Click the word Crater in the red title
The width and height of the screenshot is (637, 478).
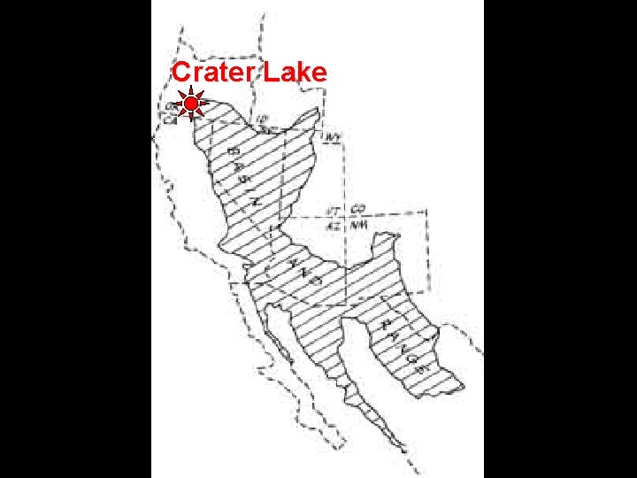(x=213, y=73)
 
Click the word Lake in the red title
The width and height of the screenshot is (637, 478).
(x=295, y=73)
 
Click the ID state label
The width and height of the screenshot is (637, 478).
(x=262, y=121)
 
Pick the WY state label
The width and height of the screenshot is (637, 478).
(x=334, y=138)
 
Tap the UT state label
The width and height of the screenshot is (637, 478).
(x=334, y=211)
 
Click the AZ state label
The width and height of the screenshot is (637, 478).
(x=334, y=225)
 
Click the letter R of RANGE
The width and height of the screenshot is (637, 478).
(x=387, y=324)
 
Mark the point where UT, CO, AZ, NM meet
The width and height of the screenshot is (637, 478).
(x=346, y=218)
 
